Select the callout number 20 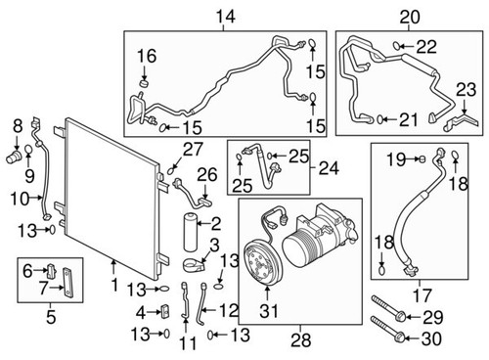(408, 16)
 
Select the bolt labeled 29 (387, 314)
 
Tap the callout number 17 (422, 290)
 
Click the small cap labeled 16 (143, 83)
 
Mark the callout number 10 (18, 199)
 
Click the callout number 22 (426, 47)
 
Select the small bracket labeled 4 (166, 311)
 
